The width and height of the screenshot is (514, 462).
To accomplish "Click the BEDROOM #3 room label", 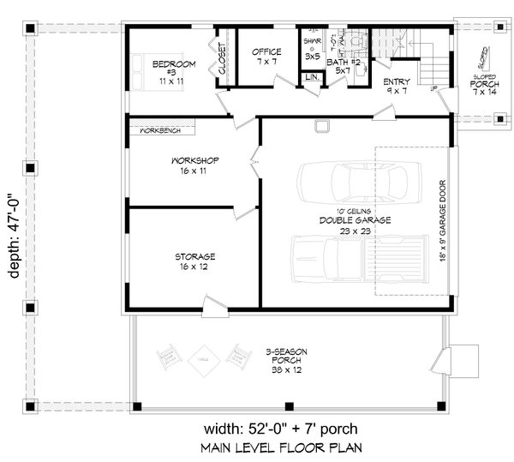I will click(174, 69).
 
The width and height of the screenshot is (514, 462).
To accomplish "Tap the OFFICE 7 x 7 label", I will click(266, 57).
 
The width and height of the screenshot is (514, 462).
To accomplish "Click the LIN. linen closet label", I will click(310, 78).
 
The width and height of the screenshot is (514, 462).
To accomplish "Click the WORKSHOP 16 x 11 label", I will click(196, 165).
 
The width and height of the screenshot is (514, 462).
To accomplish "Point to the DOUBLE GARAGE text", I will click(343, 219).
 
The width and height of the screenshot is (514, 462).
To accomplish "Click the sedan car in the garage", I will click(353, 181).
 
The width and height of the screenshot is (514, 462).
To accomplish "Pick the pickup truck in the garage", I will click(357, 260).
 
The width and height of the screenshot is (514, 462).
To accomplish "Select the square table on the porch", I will click(204, 354).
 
